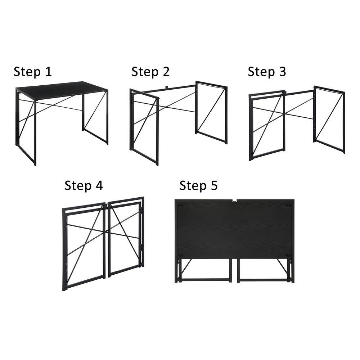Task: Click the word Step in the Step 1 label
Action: point(27,72)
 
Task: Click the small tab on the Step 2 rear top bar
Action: point(167,87)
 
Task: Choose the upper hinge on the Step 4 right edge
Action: point(141,210)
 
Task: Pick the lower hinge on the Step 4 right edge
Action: point(141,247)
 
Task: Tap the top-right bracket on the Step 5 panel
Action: point(288,205)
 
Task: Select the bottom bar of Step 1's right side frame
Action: point(96,136)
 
